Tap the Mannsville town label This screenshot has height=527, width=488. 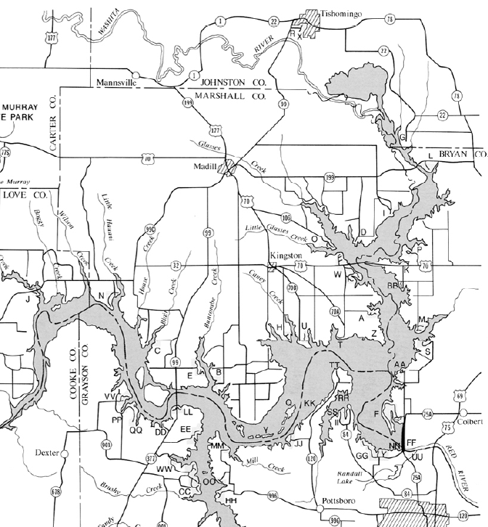click(x=115, y=83)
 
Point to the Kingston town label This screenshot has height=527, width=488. click(x=285, y=256)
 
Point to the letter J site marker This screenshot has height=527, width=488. click(x=28, y=298)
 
